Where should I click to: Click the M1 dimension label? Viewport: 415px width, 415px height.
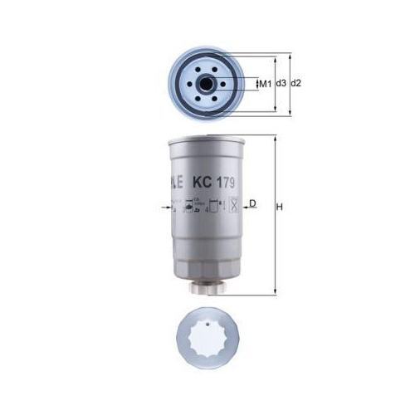[x=266, y=84]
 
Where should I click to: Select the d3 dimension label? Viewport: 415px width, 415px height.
[x=281, y=84]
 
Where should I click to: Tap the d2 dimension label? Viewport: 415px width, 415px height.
[x=296, y=84]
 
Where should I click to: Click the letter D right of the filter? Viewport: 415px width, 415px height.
[x=253, y=203]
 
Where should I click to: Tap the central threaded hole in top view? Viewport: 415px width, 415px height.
[x=205, y=84]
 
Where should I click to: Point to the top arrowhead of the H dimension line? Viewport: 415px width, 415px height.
[x=273, y=138]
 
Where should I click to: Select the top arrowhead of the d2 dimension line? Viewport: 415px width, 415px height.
[x=290, y=56]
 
